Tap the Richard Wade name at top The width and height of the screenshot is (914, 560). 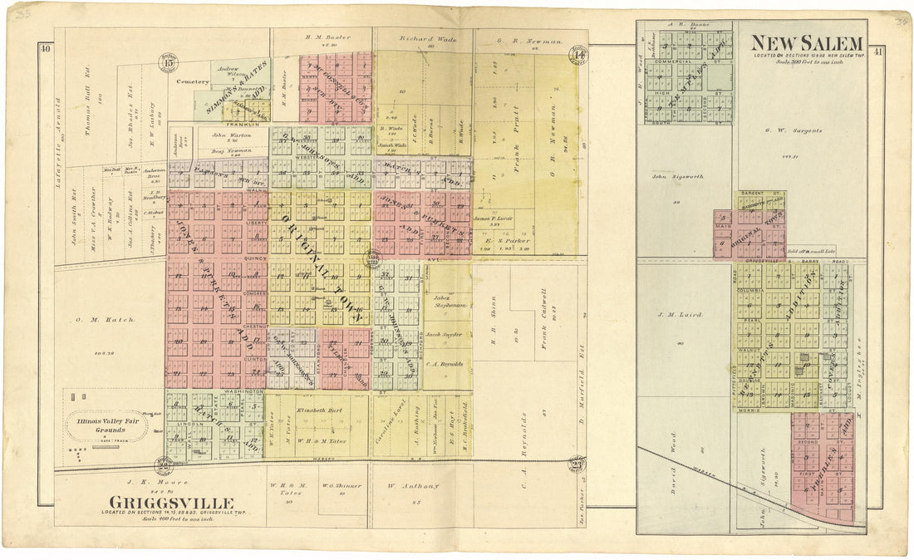423,38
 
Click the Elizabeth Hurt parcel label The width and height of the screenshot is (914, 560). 313,410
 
